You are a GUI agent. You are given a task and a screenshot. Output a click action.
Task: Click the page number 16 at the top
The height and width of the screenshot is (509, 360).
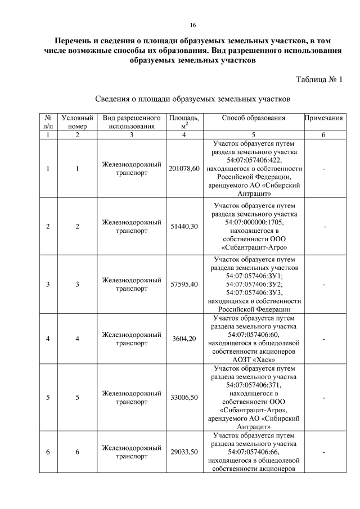click(192, 25)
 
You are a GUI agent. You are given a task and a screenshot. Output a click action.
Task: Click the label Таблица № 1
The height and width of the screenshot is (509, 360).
click(319, 79)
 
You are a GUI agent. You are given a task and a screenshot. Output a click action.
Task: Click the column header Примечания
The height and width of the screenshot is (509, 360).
click(323, 118)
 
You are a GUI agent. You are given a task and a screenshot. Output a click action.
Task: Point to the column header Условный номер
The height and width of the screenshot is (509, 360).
click(77, 122)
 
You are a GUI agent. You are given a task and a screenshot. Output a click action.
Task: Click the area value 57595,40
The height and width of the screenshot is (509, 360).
click(184, 285)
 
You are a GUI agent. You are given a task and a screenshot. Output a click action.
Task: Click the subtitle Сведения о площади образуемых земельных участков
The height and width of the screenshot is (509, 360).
click(192, 100)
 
